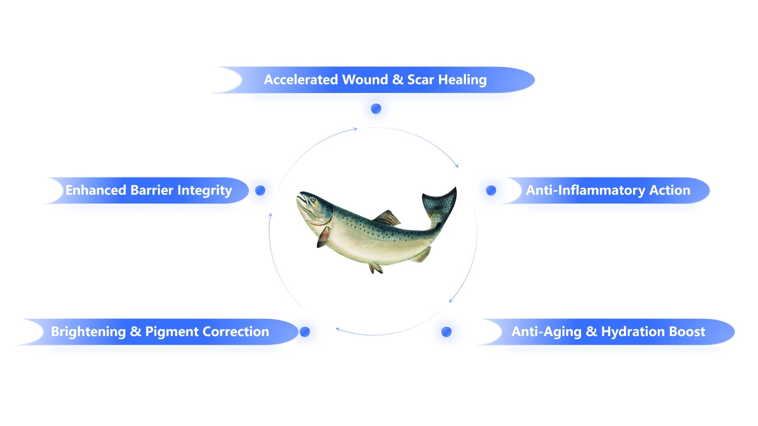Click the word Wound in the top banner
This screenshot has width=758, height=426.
coord(365,80)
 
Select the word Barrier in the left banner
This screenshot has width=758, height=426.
coord(152,190)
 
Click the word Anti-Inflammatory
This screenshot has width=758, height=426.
coord(585,190)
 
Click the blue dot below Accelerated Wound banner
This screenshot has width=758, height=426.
coord(376,108)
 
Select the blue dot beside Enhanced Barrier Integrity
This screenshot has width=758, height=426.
coord(260,191)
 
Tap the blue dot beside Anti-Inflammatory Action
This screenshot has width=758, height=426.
coord(491,191)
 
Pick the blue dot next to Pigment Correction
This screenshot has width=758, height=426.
coord(305,332)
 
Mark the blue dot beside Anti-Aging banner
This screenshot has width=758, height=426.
coord(447,332)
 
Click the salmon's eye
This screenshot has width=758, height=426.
coord(313,200)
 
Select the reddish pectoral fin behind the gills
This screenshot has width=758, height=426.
coord(323,237)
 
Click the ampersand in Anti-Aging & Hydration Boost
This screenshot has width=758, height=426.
coord(591,332)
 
